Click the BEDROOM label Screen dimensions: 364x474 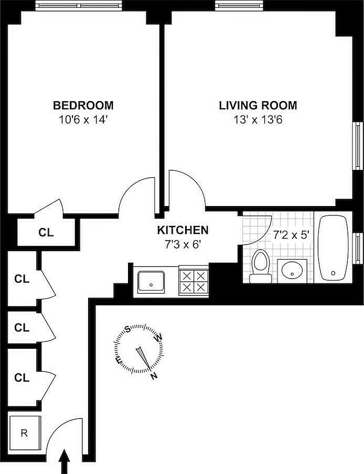pos(83,105)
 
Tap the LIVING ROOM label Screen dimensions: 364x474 pos(258,105)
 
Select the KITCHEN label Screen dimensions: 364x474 pos(183,230)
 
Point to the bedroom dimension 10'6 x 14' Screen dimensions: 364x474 pos(83,120)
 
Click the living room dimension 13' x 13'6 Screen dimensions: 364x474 pos(258,120)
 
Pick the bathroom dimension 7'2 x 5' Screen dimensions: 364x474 pos(292,235)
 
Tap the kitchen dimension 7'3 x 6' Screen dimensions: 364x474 pos(183,244)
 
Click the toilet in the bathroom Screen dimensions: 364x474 pos(261,266)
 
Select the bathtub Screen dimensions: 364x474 pos(333,247)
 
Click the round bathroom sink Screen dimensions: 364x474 pos(292,270)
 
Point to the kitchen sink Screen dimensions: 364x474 pos(151,282)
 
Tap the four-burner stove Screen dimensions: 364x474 pos(194,281)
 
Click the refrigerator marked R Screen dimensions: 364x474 pos(25,433)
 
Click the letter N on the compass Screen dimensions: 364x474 pos(154,376)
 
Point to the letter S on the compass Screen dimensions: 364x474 pos(128,329)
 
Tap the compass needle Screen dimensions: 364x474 pos(143,359)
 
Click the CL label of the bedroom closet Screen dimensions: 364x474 pos(46,232)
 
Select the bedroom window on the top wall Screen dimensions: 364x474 pos(79,5)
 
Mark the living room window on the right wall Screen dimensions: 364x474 pos(358,146)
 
